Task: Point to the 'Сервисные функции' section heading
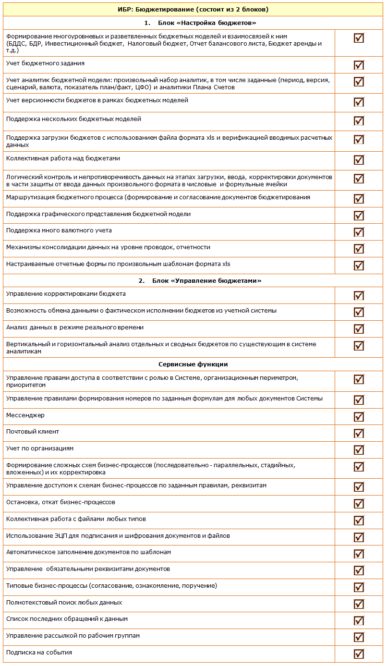pyautogui.click(x=193, y=364)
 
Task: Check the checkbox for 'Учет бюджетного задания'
pyautogui.click(x=359, y=65)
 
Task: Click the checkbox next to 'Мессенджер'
pyautogui.click(x=359, y=417)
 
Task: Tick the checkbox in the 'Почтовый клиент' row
pyautogui.click(x=359, y=434)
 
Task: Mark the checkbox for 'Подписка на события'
pyautogui.click(x=359, y=654)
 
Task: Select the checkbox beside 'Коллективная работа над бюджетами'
pyautogui.click(x=359, y=160)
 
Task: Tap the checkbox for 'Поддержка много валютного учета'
pyautogui.click(x=359, y=232)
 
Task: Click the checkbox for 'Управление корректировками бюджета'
pyautogui.click(x=359, y=296)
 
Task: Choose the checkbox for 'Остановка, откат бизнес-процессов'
pyautogui.click(x=359, y=504)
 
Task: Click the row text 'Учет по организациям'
pyautogui.click(x=40, y=448)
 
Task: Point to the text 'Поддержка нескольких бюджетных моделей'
pyautogui.click(x=73, y=119)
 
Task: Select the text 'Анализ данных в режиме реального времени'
pyautogui.click(x=75, y=327)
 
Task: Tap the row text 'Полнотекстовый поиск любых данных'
pyautogui.click(x=64, y=603)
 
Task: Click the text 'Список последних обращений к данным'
pyautogui.click(x=67, y=619)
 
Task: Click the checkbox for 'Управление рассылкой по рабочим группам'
pyautogui.click(x=359, y=637)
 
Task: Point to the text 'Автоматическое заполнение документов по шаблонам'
pyautogui.click(x=88, y=552)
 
